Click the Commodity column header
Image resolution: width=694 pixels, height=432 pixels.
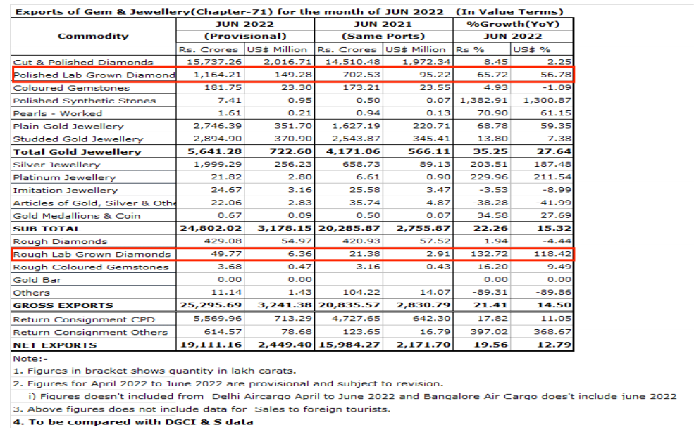coord(93,37)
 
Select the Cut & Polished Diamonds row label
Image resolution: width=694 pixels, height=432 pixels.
coord(83,63)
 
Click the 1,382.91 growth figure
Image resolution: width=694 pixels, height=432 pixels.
coord(483,101)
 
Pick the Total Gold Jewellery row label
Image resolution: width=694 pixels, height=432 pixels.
coord(77,152)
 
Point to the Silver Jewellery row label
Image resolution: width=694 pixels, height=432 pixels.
coord(56,165)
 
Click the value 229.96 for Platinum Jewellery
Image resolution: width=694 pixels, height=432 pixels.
coord(489,177)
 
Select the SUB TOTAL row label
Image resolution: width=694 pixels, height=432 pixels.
coord(47,229)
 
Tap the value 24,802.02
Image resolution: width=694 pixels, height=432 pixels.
coord(211,229)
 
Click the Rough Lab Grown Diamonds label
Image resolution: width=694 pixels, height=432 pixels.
coord(92,254)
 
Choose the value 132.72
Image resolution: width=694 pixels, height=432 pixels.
coord(489,254)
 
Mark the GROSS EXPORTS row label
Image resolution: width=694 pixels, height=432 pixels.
coord(63,306)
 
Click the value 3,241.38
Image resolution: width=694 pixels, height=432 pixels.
coord(285,305)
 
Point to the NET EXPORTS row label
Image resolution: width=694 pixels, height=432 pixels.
coord(55,345)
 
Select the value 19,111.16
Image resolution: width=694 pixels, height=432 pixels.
coord(211,345)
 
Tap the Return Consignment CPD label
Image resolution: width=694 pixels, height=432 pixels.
coord(84,319)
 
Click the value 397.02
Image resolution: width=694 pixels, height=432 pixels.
coord(489,332)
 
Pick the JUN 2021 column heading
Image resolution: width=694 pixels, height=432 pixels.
coord(383,25)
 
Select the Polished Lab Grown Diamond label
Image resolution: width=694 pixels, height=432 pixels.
coord(94,75)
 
